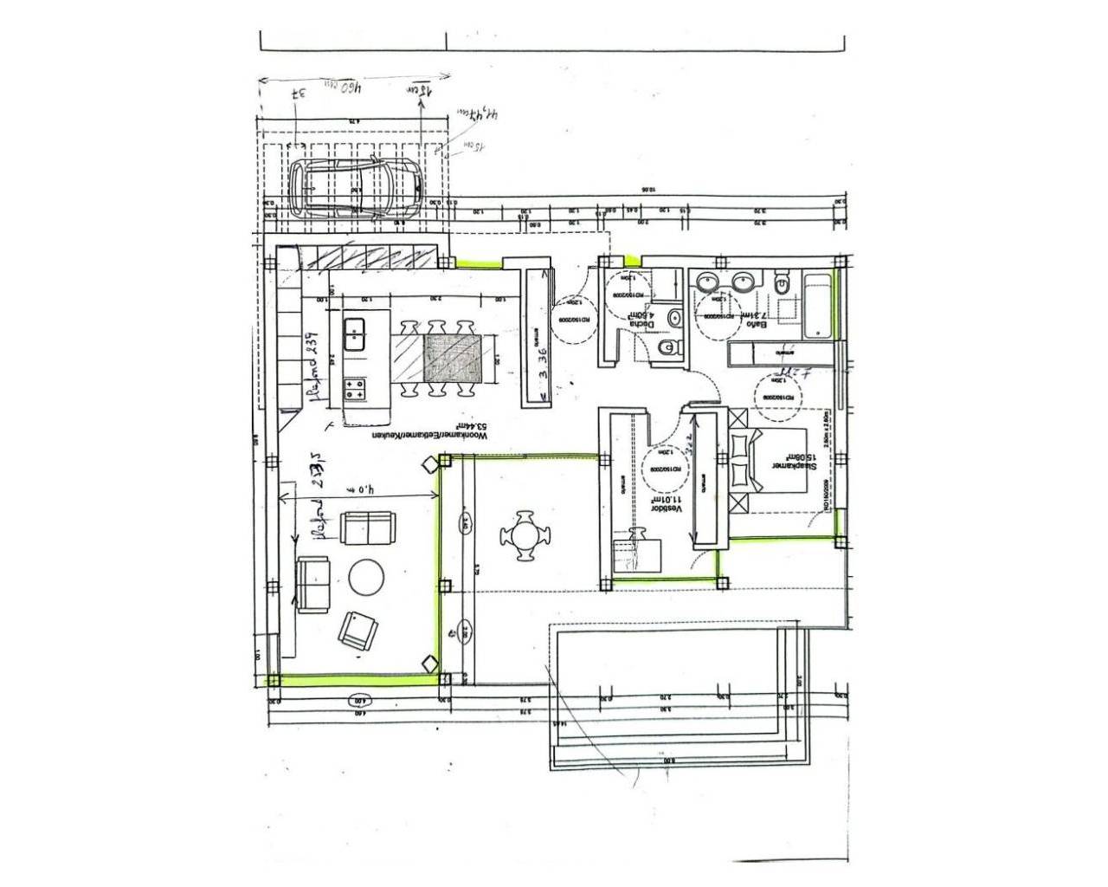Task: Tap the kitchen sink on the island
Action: pos(354,334)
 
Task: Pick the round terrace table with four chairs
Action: pos(526,537)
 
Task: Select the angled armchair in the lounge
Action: pos(358,630)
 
